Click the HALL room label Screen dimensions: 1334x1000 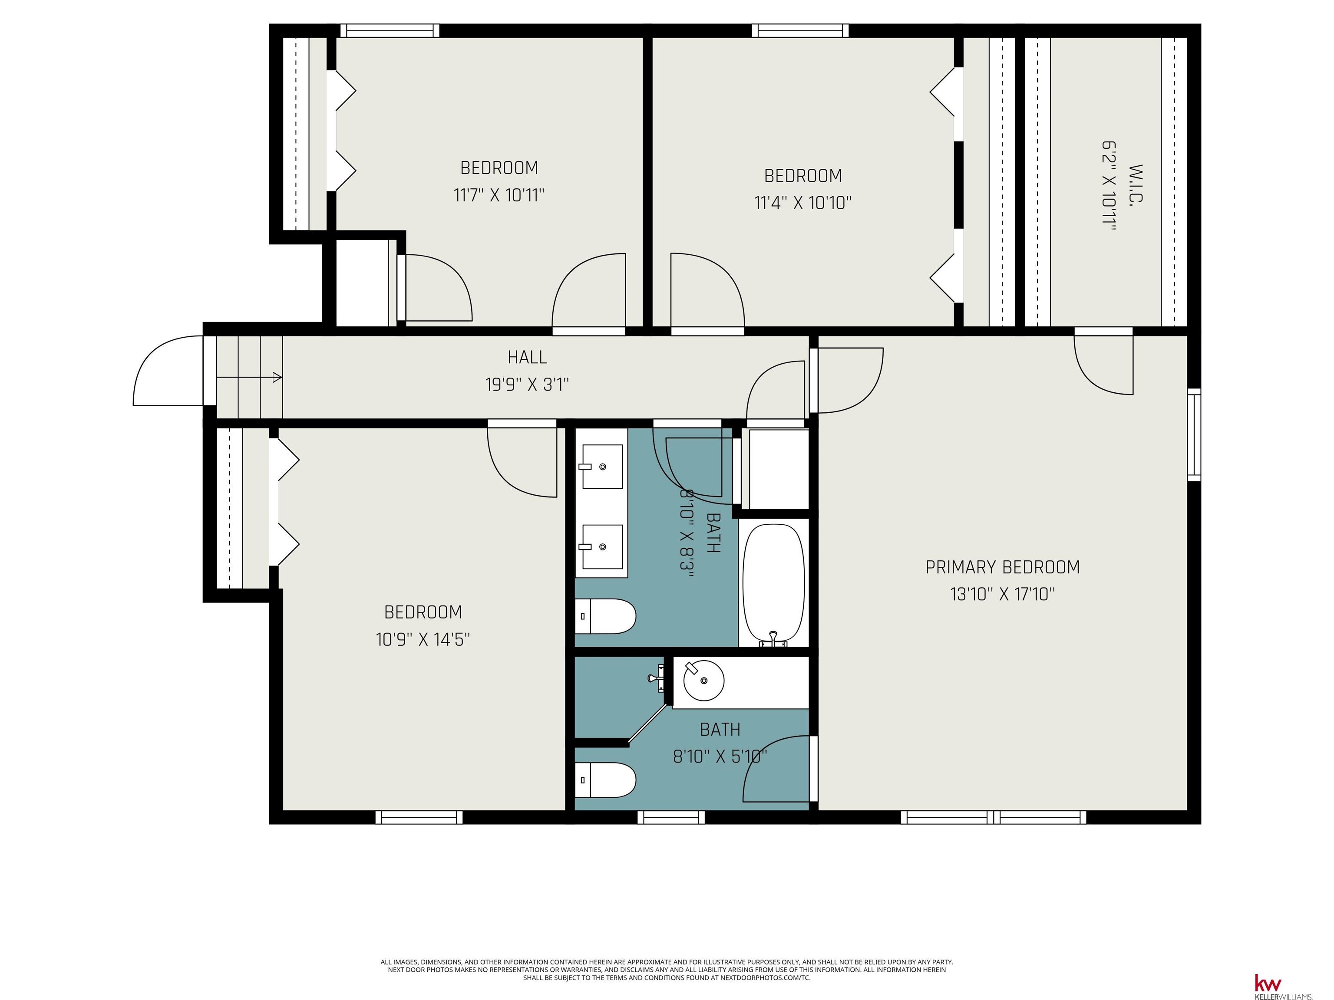pos(527,358)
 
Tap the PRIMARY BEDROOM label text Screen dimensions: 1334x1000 pos(1002,567)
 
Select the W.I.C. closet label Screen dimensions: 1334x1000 pos(1136,184)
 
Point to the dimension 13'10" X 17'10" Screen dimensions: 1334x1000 pos(1002,594)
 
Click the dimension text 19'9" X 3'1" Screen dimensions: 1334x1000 pos(527,385)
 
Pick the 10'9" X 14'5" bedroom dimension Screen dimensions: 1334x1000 pos(423,639)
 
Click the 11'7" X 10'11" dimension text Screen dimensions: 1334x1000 pos(499,195)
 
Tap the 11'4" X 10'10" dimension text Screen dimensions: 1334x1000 pos(802,203)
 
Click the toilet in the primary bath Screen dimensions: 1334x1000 pos(605,780)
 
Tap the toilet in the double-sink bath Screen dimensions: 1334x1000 pos(605,616)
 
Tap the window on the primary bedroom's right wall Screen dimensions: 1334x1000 pos(1194,434)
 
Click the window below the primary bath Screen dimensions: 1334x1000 pos(671,817)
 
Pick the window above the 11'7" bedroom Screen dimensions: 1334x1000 pos(390,31)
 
